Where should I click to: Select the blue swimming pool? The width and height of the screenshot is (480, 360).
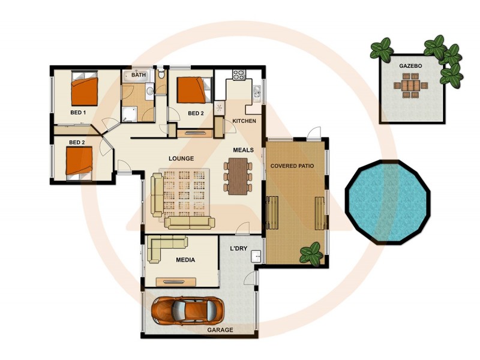coord(388,201)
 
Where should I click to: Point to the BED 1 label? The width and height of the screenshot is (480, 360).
coord(77,112)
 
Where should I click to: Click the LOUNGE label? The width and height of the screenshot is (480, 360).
coord(181,158)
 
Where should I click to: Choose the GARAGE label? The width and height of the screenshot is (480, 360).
coord(220,330)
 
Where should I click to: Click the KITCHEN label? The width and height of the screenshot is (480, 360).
coord(244,121)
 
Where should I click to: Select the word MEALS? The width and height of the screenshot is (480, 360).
coord(243,150)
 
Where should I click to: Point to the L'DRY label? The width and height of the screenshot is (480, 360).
coord(238,247)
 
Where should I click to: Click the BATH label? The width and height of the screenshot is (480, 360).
coord(139,76)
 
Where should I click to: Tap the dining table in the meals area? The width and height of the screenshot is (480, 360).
coord(238,176)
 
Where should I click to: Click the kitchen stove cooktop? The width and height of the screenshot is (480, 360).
coord(239,76)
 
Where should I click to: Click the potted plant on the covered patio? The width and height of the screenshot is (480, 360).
coord(311,254)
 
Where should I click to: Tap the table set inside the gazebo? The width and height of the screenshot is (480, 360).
coord(411,85)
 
